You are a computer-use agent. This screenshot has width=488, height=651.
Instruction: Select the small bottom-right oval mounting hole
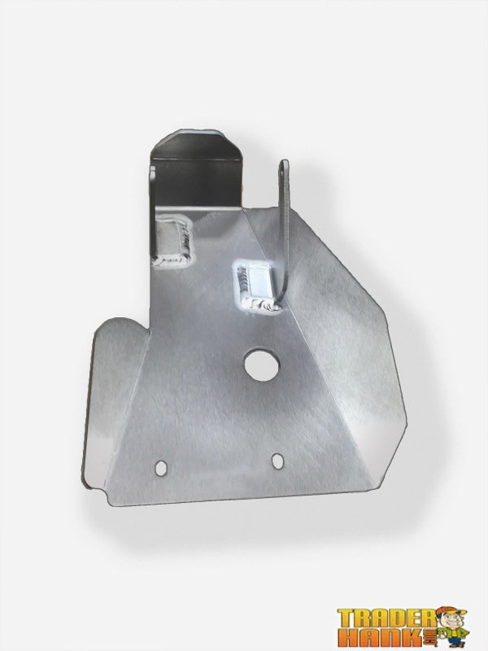pos(278,461)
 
